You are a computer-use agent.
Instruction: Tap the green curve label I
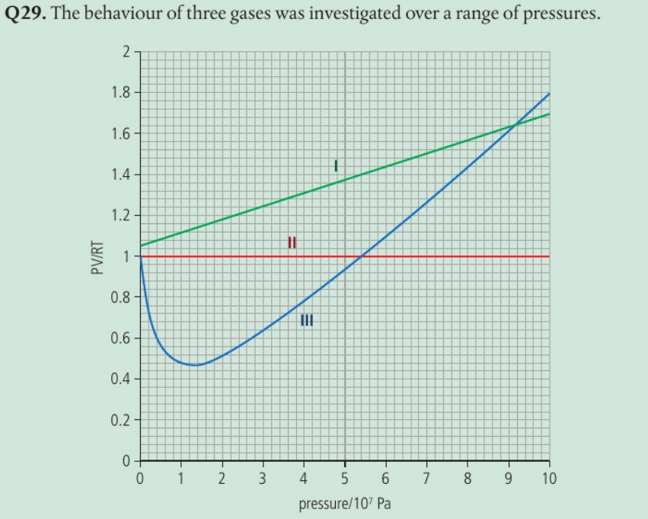click(x=335, y=164)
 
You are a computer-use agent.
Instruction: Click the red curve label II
click(x=291, y=243)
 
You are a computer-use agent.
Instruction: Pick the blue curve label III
click(x=306, y=320)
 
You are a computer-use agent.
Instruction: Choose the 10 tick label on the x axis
click(x=549, y=479)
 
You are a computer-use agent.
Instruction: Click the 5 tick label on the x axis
click(x=344, y=479)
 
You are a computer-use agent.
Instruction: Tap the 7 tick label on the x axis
click(x=426, y=479)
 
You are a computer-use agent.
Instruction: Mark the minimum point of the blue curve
click(x=196, y=365)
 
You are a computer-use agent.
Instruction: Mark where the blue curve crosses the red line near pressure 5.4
click(x=361, y=257)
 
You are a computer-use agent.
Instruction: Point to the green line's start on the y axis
click(x=140, y=245)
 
